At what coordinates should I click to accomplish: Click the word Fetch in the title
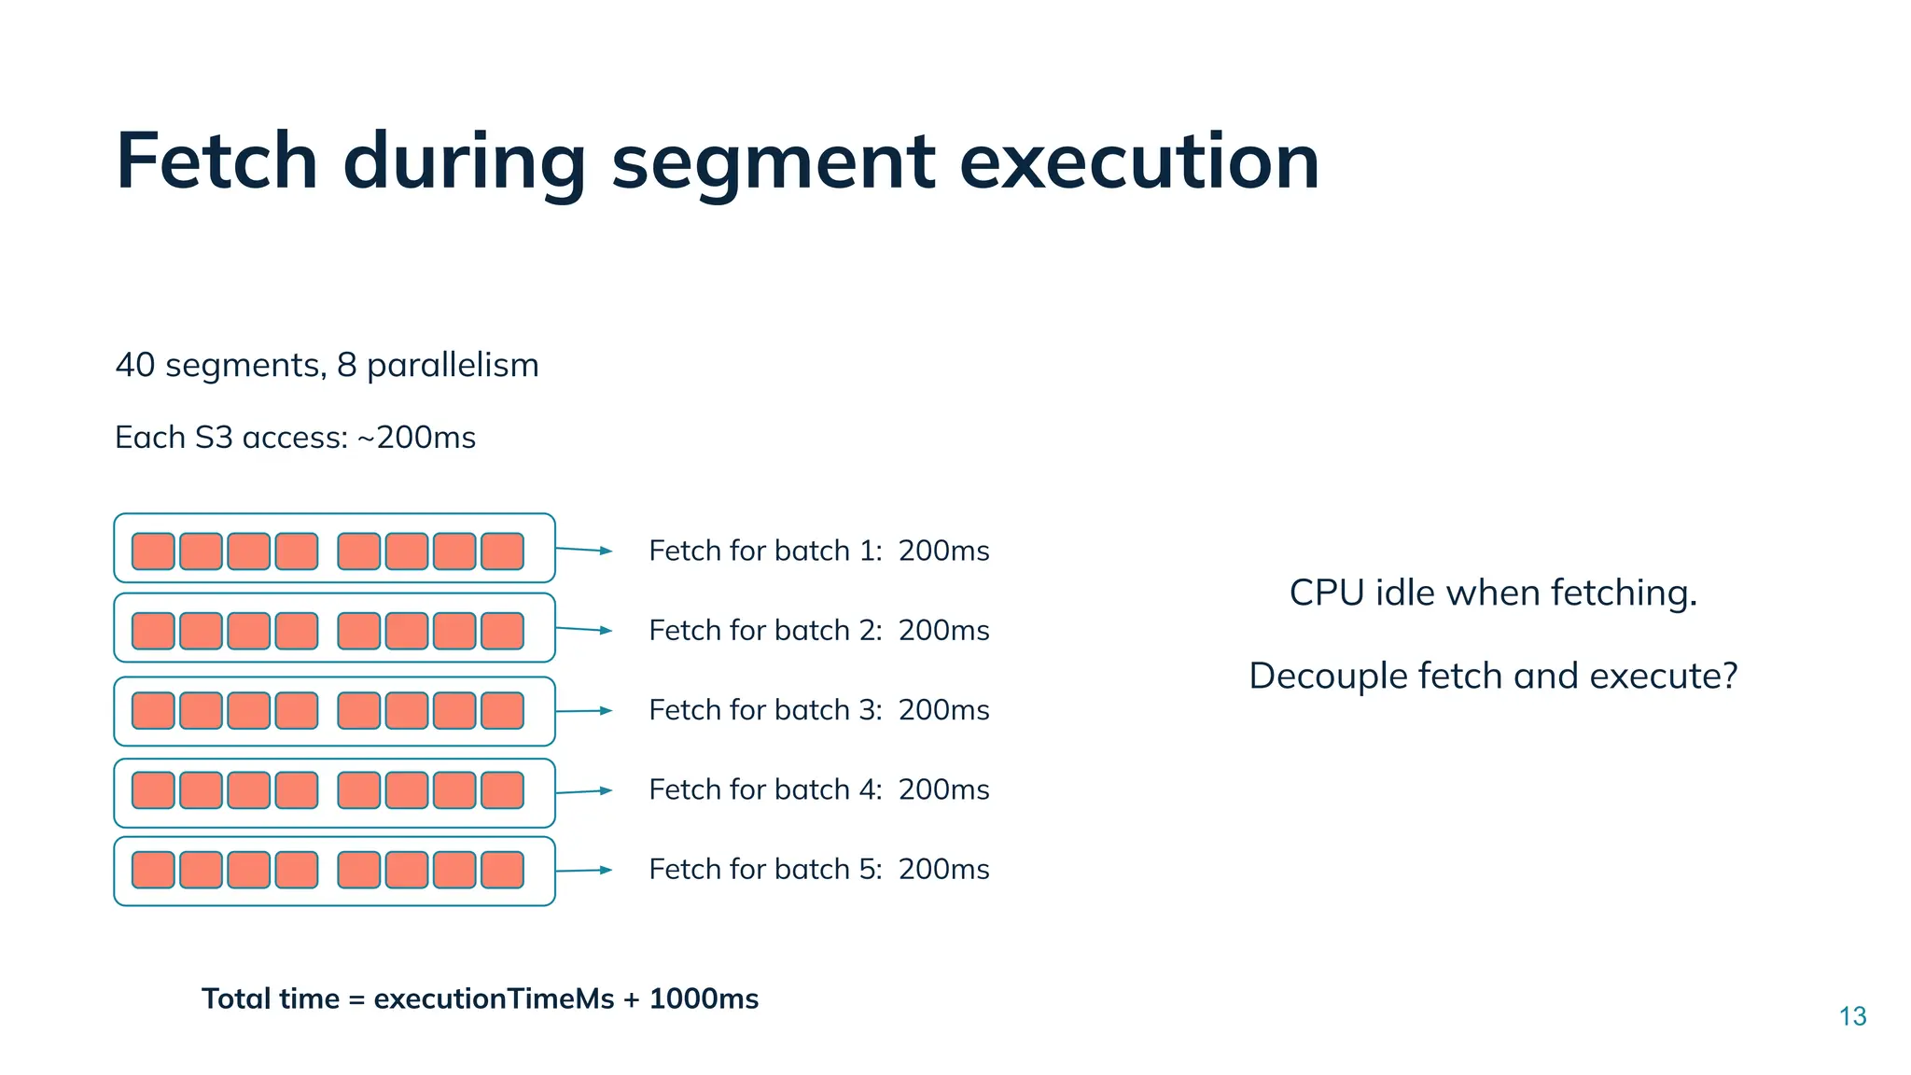[x=216, y=161]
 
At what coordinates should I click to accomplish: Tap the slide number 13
[x=1852, y=1016]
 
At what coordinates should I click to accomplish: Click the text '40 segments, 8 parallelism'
[x=327, y=365]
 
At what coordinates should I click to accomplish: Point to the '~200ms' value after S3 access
[x=417, y=438]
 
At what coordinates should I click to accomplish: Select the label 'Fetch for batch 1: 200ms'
[x=818, y=551]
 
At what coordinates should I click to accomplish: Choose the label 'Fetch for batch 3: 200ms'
[x=818, y=710]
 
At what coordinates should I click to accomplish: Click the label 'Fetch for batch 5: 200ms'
[x=818, y=870]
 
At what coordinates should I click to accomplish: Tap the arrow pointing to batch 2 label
[x=584, y=630]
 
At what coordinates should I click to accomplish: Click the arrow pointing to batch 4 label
[x=584, y=791]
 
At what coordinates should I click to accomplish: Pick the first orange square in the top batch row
[x=153, y=551]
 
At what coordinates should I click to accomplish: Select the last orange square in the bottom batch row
[x=502, y=870]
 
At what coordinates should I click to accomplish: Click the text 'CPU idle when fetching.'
[x=1493, y=593]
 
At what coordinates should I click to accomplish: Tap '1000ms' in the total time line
[x=704, y=999]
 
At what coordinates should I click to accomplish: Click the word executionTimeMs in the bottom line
[x=494, y=999]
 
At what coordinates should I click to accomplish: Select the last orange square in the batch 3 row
[x=502, y=711]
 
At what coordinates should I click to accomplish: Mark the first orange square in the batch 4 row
[x=153, y=790]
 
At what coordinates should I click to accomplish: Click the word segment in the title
[x=773, y=161]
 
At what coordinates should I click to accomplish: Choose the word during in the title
[x=464, y=161]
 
